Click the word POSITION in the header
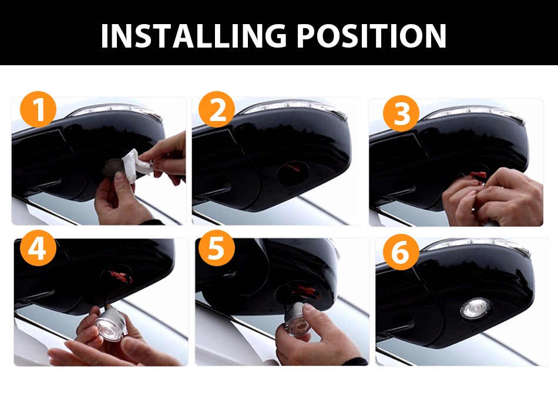pos(371,36)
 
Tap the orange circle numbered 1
pos(38,110)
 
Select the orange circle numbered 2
pos(216,110)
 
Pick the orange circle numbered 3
pos(401,113)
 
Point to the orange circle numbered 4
pos(38,248)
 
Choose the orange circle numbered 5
pos(216,248)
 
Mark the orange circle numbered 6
pos(401,252)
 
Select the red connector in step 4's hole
pos(120,276)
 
